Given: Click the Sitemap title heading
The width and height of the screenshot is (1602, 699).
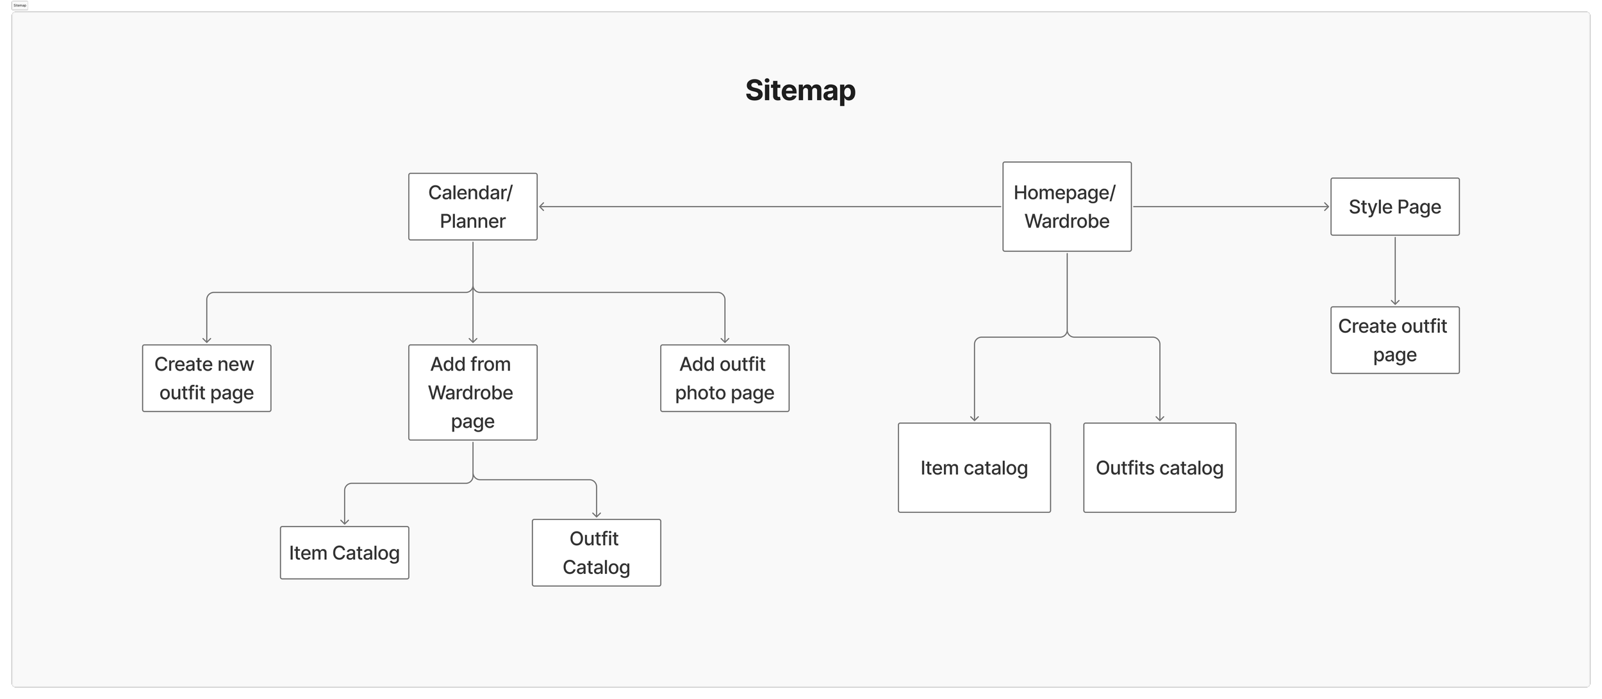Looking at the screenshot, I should pyautogui.click(x=800, y=90).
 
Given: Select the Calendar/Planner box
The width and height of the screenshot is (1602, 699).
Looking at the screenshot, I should pyautogui.click(x=472, y=206).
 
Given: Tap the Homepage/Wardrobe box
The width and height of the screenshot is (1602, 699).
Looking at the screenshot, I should pyautogui.click(x=1066, y=206).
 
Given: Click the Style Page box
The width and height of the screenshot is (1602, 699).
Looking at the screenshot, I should pyautogui.click(x=1394, y=206).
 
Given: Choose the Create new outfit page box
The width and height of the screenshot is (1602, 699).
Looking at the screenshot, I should pyautogui.click(x=206, y=378).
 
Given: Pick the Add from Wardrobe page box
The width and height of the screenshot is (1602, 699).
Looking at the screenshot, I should pyautogui.click(x=472, y=392).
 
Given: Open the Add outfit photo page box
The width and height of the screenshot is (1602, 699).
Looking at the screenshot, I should pyautogui.click(x=724, y=378).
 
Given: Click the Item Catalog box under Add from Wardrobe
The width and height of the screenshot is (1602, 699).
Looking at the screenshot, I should pyautogui.click(x=344, y=552).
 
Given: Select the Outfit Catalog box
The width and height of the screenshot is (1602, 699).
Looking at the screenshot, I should pyautogui.click(x=596, y=552).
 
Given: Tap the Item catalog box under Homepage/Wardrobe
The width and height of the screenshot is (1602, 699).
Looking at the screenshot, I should pyautogui.click(x=973, y=467).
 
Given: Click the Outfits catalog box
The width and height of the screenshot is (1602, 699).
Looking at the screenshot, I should pyautogui.click(x=1159, y=467).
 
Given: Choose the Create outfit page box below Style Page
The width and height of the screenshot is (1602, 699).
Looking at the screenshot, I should pyautogui.click(x=1394, y=340).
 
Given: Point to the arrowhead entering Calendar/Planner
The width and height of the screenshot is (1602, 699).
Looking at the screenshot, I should pyautogui.click(x=542, y=206).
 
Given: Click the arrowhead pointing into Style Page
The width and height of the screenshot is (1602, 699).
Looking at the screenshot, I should pyautogui.click(x=1326, y=206).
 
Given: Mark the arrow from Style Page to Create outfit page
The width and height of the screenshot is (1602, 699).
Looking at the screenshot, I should pyautogui.click(x=1394, y=269).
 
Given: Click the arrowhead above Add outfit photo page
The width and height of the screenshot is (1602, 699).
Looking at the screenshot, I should pyautogui.click(x=724, y=340).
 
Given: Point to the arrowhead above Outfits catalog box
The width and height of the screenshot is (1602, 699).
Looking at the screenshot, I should pyautogui.click(x=1159, y=418).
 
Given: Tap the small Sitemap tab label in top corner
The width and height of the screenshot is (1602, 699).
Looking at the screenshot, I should pyautogui.click(x=20, y=5).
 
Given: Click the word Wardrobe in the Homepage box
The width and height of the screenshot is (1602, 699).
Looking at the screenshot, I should pyautogui.click(x=1066, y=221).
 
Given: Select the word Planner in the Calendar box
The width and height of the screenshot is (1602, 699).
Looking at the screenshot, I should pyautogui.click(x=472, y=221).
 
